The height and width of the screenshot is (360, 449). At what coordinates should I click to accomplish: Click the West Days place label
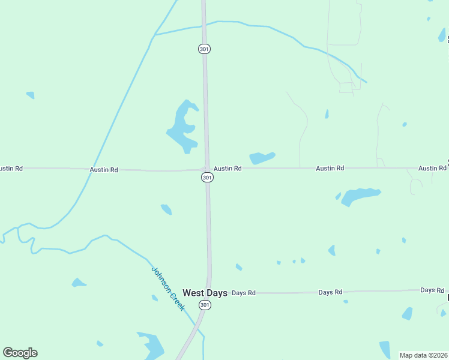pyautogui.click(x=205, y=293)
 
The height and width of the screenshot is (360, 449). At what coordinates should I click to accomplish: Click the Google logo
pyautogui.click(x=20, y=353)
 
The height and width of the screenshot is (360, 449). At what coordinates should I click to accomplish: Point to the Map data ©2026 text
pyautogui.click(x=423, y=355)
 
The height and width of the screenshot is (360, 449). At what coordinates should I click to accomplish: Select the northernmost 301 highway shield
pyautogui.click(x=204, y=49)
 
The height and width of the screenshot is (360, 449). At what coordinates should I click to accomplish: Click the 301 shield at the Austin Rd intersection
pyautogui.click(x=206, y=178)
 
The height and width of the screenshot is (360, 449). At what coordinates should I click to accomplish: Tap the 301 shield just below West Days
pyautogui.click(x=205, y=305)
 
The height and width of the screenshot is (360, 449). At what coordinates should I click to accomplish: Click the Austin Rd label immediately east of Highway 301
pyautogui.click(x=228, y=169)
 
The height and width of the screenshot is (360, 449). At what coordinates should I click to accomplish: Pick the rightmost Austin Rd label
pyautogui.click(x=432, y=169)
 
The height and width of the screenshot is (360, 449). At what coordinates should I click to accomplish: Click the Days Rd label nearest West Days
pyautogui.click(x=244, y=293)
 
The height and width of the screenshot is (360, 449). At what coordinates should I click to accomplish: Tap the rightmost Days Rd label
pyautogui.click(x=432, y=290)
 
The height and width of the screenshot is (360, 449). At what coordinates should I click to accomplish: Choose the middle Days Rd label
pyautogui.click(x=330, y=292)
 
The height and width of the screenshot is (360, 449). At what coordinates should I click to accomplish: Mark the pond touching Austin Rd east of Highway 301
pyautogui.click(x=262, y=158)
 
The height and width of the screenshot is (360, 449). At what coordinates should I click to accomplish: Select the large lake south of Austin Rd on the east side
pyautogui.click(x=359, y=196)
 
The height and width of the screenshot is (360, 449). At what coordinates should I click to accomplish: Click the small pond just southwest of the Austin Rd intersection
pyautogui.click(x=166, y=209)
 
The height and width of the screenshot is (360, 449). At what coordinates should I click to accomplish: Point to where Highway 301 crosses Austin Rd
pyautogui.click(x=206, y=169)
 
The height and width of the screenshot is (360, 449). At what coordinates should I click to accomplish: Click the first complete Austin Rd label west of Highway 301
pyautogui.click(x=104, y=170)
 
